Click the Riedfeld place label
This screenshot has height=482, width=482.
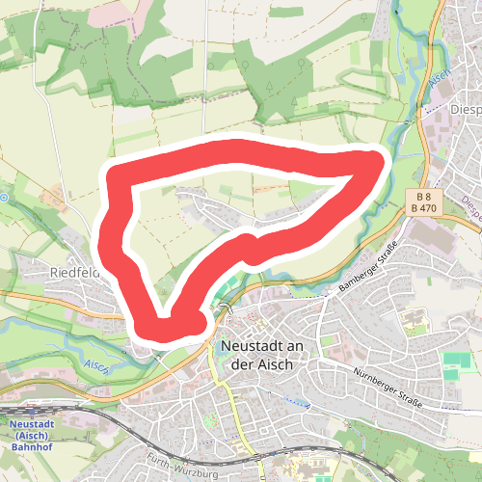75,273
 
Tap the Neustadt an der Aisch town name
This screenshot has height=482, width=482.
259,356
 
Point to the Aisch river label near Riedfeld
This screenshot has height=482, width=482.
96,365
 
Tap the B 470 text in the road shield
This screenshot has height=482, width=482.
424,206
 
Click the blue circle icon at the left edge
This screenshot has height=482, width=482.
3,198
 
